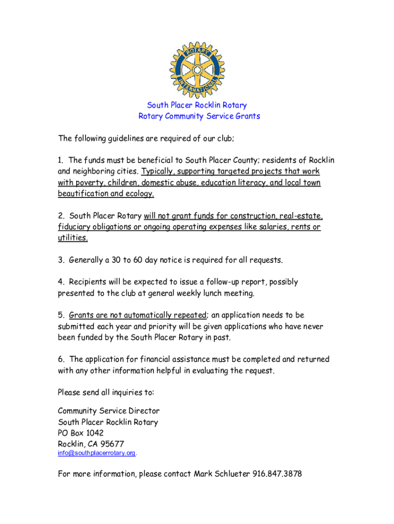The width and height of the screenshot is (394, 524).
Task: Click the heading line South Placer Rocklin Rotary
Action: (197, 105)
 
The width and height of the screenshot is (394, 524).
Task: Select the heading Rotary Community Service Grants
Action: (199, 116)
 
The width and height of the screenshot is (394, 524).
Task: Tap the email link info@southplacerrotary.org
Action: (96, 453)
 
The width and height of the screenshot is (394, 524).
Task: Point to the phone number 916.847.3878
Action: (277, 474)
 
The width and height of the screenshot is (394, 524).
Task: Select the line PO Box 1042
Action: (81, 433)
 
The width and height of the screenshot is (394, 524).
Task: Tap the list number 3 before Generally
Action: (60, 260)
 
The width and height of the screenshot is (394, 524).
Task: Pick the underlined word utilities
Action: (73, 238)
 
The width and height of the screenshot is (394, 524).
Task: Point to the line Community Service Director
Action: (108, 411)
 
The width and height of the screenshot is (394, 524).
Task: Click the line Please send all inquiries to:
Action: (106, 392)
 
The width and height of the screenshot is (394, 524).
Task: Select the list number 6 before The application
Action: (60, 360)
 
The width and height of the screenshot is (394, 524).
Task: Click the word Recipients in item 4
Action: (88, 282)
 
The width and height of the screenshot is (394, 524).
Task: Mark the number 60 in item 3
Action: (140, 260)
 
